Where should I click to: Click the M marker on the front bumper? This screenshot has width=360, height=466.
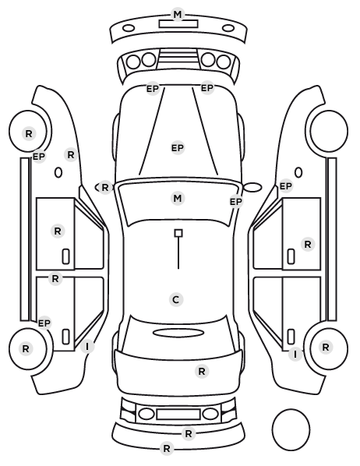pos(178,14)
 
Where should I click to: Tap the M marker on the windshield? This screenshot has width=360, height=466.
pos(178,198)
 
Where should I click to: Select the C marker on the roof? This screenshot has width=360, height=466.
pos(176,299)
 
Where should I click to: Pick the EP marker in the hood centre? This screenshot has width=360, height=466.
pos(178,148)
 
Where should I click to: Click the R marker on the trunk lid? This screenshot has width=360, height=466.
pos(202,371)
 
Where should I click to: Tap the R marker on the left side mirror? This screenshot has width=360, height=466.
pos(105,188)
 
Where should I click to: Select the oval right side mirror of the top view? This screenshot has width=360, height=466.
pos(252,187)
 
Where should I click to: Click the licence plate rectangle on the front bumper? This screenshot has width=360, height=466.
pos(178,24)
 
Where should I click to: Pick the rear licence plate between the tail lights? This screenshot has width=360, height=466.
pos(178,414)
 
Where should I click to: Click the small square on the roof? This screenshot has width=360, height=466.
pos(178,233)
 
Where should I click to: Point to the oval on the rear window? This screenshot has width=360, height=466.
pos(178,333)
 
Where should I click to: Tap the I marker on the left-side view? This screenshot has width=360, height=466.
pos(87,347)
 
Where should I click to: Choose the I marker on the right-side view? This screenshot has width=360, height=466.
pos(295,355)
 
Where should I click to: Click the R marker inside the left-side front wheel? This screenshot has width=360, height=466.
pos(29,134)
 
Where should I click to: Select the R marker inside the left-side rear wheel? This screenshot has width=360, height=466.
pos(26,348)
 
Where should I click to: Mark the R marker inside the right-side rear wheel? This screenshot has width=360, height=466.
pos(326,347)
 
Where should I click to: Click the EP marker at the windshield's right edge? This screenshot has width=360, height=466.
pos(236,202)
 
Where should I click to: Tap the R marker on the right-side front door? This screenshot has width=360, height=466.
pos(308,244)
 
